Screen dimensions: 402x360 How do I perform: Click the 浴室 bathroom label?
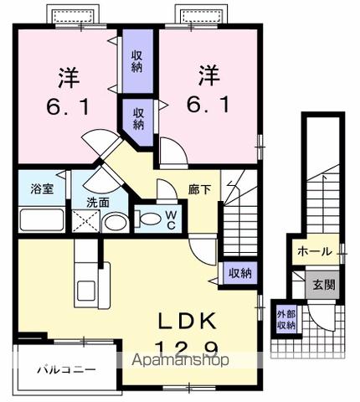point(43,188)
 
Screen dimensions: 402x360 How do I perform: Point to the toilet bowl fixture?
point(148,219)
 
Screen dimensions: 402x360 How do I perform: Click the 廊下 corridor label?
point(199,189)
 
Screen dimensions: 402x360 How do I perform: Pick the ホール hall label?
point(314,250)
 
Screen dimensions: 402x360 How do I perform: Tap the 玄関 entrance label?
point(324,284)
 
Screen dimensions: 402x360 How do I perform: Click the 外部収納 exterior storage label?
point(286,320)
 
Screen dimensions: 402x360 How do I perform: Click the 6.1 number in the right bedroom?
point(207,105)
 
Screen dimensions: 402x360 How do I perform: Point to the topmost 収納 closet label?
point(137,61)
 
